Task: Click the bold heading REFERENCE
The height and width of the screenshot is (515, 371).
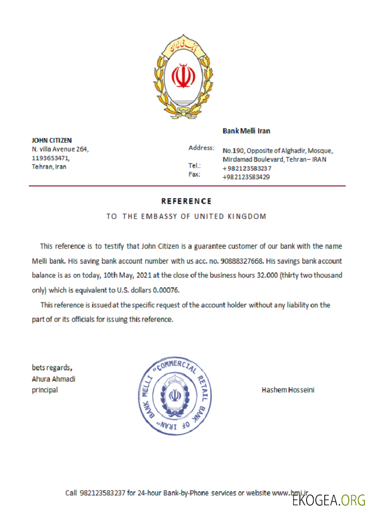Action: tap(186, 201)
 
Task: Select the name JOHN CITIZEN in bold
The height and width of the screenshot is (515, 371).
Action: tap(52, 140)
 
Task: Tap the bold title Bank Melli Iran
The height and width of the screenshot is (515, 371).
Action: tap(246, 131)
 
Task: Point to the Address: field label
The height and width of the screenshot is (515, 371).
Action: tap(201, 148)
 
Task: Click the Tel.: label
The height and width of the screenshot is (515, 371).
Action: tap(195, 166)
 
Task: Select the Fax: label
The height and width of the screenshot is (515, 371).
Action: tap(195, 175)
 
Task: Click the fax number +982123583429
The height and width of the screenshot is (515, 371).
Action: tap(246, 177)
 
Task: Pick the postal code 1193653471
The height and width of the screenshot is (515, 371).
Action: tap(50, 158)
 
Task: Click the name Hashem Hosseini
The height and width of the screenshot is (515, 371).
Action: tap(288, 390)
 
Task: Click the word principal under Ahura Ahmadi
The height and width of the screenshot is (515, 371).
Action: tap(45, 390)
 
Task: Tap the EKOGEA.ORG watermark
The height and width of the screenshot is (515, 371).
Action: tap(329, 500)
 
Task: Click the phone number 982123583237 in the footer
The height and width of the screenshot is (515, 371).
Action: tap(103, 493)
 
